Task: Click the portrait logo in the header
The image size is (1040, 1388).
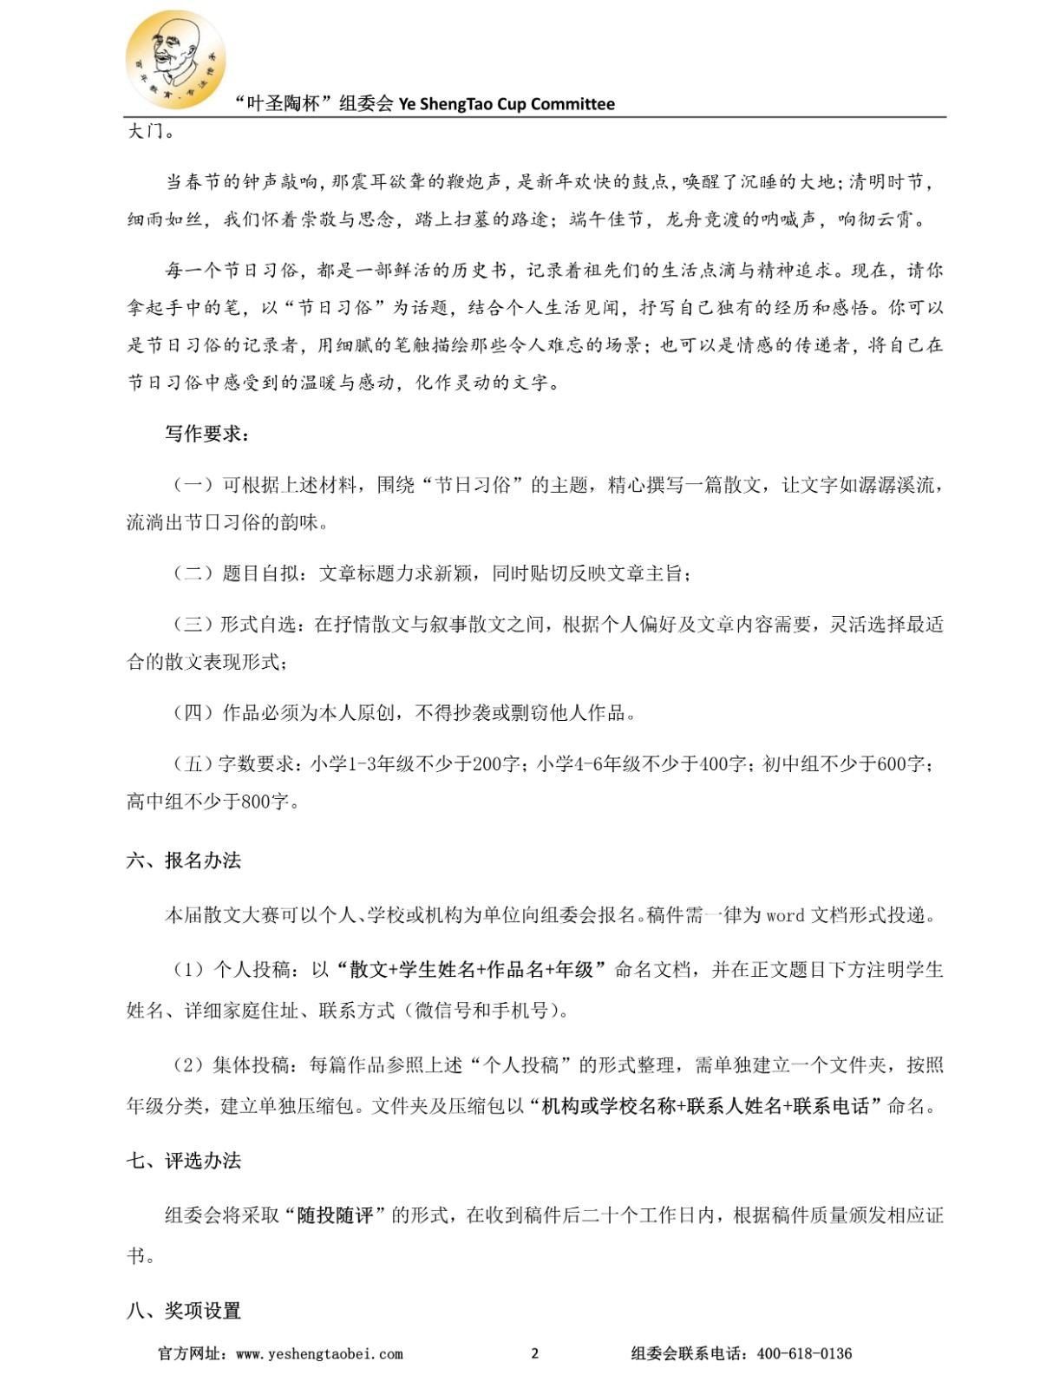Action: tap(175, 59)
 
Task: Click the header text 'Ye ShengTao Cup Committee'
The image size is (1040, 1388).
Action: tap(507, 104)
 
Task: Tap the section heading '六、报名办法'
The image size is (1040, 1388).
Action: tap(184, 860)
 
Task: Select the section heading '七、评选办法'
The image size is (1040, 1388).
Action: tap(184, 1161)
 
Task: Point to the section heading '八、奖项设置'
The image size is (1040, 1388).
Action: tap(184, 1310)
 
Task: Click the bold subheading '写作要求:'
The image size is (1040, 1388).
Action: tap(207, 434)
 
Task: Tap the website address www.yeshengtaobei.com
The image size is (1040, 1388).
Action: tap(319, 1353)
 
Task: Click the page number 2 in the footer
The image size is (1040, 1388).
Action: tap(534, 1353)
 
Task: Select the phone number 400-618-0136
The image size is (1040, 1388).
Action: tap(804, 1353)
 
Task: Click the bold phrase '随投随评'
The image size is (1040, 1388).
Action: tap(335, 1215)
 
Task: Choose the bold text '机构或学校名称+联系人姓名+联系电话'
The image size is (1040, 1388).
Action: tap(704, 1106)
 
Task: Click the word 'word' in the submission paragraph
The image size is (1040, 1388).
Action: tap(785, 916)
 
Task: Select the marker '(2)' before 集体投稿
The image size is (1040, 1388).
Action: tap(187, 1065)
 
